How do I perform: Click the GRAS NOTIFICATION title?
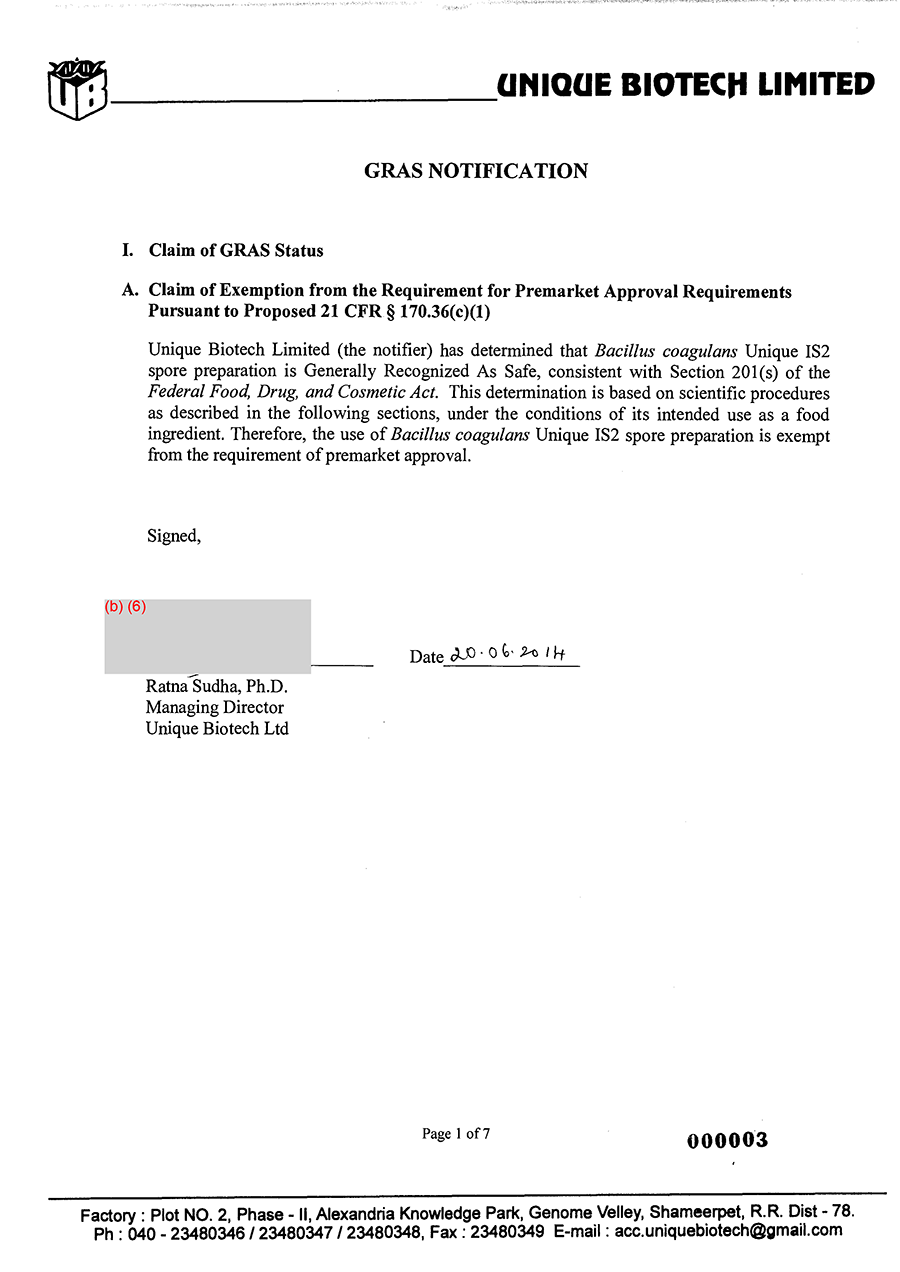coord(476,171)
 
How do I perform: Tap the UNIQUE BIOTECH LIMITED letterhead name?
coord(686,85)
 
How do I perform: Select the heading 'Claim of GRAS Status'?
coord(236,250)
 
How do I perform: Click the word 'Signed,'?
coord(174,536)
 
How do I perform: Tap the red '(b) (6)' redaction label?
coord(126,607)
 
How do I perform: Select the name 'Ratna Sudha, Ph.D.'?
coord(217,687)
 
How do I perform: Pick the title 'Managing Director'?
coord(215,708)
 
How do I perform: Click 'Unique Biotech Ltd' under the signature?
coord(217,729)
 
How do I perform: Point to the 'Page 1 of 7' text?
coord(456,1134)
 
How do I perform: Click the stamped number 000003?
coord(727,1141)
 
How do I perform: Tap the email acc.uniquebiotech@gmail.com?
coord(728,1231)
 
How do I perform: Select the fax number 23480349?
coord(507,1232)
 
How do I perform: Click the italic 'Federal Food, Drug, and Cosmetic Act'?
coord(293,393)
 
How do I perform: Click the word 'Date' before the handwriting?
coord(426,657)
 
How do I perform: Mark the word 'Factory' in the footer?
coord(108,1215)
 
